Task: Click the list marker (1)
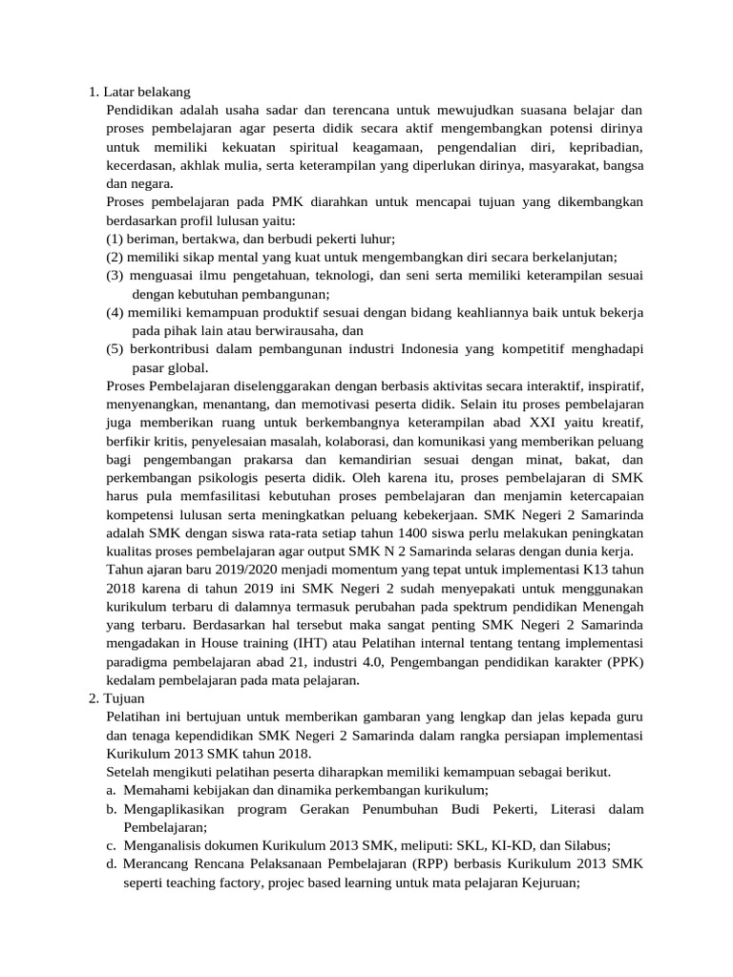(115, 239)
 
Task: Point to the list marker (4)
(115, 312)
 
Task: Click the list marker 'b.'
(112, 809)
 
